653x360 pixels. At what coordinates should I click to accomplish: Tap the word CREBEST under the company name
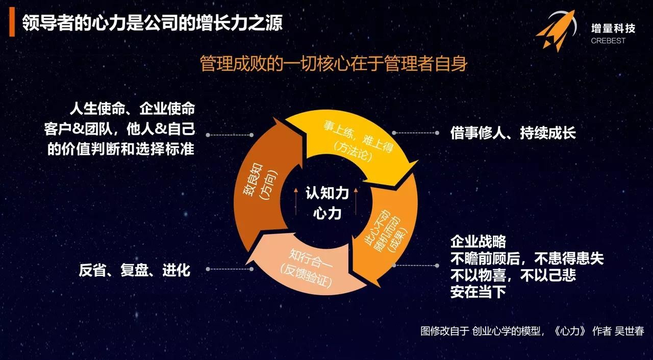[608, 41]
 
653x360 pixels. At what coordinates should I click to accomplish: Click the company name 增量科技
[613, 28]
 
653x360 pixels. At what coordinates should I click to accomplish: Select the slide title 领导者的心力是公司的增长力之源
[152, 22]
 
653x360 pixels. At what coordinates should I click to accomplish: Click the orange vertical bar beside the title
[12, 22]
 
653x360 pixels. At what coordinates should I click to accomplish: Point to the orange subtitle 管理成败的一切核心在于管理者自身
[334, 63]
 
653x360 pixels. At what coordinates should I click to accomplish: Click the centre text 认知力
[327, 193]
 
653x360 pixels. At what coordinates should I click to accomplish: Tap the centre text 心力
[327, 213]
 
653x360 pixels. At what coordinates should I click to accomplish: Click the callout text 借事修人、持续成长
[513, 133]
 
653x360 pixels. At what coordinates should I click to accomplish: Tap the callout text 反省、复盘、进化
[134, 270]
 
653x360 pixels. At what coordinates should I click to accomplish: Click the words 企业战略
[479, 242]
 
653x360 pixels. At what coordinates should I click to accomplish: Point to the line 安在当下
[479, 292]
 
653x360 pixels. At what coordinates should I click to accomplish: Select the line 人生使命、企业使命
[133, 109]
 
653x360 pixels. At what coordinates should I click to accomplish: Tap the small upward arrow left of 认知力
[296, 201]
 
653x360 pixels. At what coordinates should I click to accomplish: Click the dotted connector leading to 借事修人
[415, 133]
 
